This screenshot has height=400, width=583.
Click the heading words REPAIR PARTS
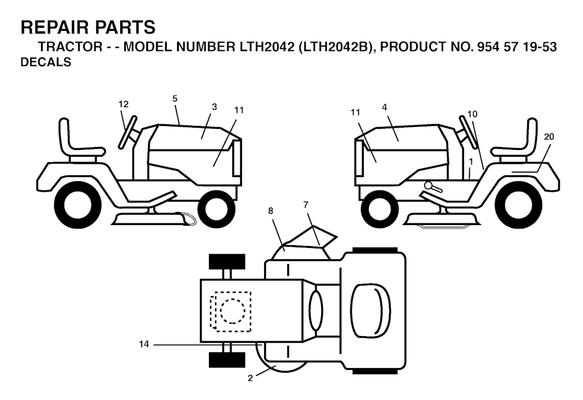coord(88,27)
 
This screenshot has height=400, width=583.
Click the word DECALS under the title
coord(46,63)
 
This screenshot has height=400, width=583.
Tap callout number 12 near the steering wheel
coord(124,104)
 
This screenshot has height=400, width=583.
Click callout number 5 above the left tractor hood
coord(175,99)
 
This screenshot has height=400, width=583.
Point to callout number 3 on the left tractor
coord(214,107)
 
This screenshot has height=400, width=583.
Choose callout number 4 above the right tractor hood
coord(385,107)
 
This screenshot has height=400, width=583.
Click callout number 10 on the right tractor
coord(472,114)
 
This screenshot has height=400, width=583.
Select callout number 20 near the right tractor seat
coord(549,137)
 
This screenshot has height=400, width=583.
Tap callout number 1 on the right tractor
coord(470,161)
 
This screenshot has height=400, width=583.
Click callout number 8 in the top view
coord(270,211)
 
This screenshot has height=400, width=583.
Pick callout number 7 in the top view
coord(306,203)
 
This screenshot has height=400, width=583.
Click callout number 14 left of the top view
coord(143,344)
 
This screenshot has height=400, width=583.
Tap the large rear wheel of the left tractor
coord(80,205)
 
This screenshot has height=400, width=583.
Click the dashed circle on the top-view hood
coord(232,311)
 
